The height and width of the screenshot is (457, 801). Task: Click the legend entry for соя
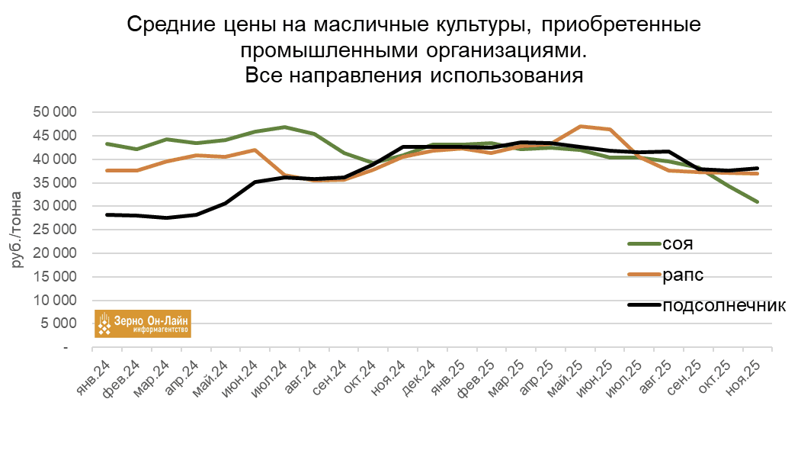678,244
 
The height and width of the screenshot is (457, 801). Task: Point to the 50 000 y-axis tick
56,112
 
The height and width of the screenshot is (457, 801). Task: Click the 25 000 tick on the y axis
56,230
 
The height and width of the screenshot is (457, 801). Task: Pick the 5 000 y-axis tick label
59,323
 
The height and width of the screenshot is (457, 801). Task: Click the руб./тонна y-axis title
17,229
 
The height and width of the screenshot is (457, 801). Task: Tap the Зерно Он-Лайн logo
143,323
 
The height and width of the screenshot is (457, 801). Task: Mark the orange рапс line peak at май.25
581,126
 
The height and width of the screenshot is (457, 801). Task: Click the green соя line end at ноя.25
758,201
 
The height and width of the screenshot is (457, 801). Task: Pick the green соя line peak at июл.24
285,127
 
